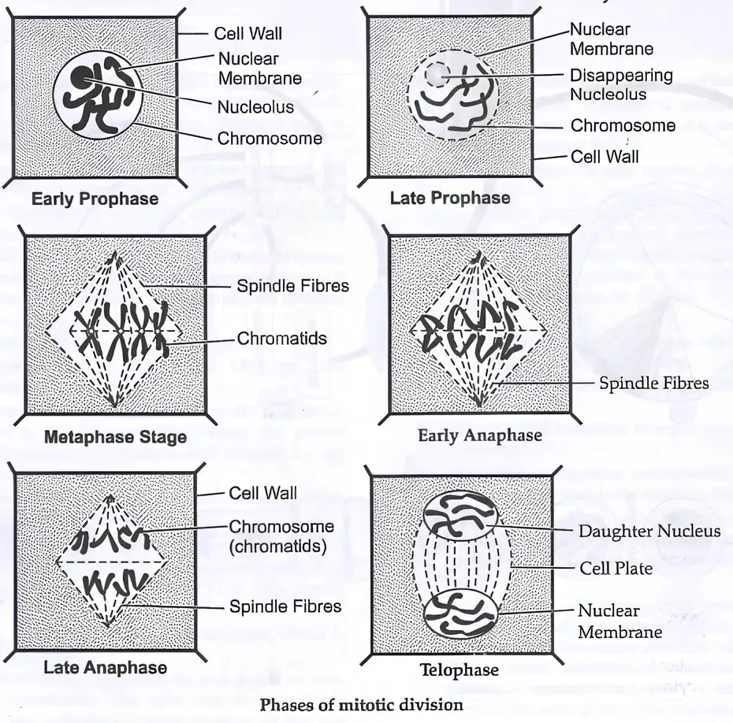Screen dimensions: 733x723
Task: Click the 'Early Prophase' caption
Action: click(95, 199)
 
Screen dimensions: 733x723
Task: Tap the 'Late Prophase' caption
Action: click(450, 198)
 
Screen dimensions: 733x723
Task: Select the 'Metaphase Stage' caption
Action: click(115, 437)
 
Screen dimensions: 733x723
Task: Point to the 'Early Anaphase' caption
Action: click(480, 436)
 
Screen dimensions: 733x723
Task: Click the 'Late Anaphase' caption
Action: click(105, 667)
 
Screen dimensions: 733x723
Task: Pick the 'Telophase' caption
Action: click(459, 670)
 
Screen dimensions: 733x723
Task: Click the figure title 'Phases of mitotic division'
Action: click(361, 704)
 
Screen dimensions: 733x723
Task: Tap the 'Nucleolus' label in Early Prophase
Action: click(255, 107)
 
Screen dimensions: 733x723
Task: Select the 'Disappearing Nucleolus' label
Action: click(621, 84)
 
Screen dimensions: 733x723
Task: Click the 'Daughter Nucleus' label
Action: click(649, 531)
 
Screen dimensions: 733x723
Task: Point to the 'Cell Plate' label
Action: click(616, 569)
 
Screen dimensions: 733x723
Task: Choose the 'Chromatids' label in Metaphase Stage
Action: click(282, 338)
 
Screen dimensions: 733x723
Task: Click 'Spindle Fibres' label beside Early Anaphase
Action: click(654, 383)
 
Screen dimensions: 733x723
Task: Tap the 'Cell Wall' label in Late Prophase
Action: click(605, 157)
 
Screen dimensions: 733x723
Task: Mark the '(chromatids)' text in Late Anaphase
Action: click(277, 547)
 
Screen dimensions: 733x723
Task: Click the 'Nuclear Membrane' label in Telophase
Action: click(620, 621)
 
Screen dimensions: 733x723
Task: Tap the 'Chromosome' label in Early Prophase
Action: click(270, 139)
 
